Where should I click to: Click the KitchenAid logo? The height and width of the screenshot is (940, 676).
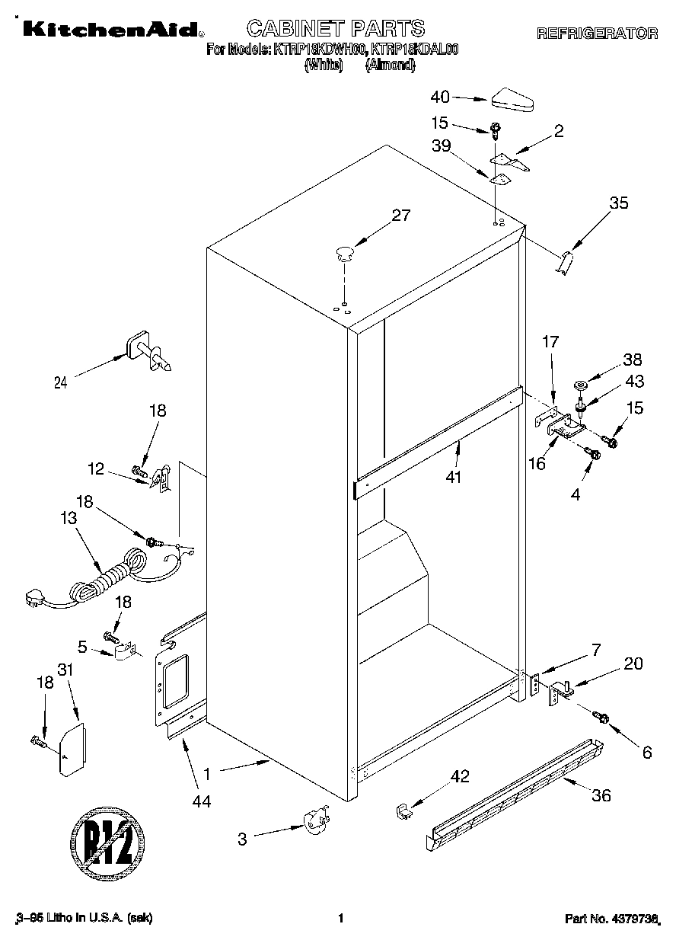[x=111, y=30]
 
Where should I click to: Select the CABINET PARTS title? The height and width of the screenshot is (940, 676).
[x=335, y=29]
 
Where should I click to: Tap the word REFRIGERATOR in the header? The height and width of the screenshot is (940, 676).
[x=597, y=34]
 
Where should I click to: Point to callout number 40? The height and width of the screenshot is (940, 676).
[x=440, y=97]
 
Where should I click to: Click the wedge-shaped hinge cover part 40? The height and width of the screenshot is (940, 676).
[x=514, y=100]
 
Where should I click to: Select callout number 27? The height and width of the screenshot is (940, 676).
[x=400, y=216]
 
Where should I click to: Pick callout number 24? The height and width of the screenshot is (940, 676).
[x=61, y=384]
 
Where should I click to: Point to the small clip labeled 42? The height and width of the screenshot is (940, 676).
[x=404, y=811]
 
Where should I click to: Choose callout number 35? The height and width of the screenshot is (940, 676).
[x=619, y=203]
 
